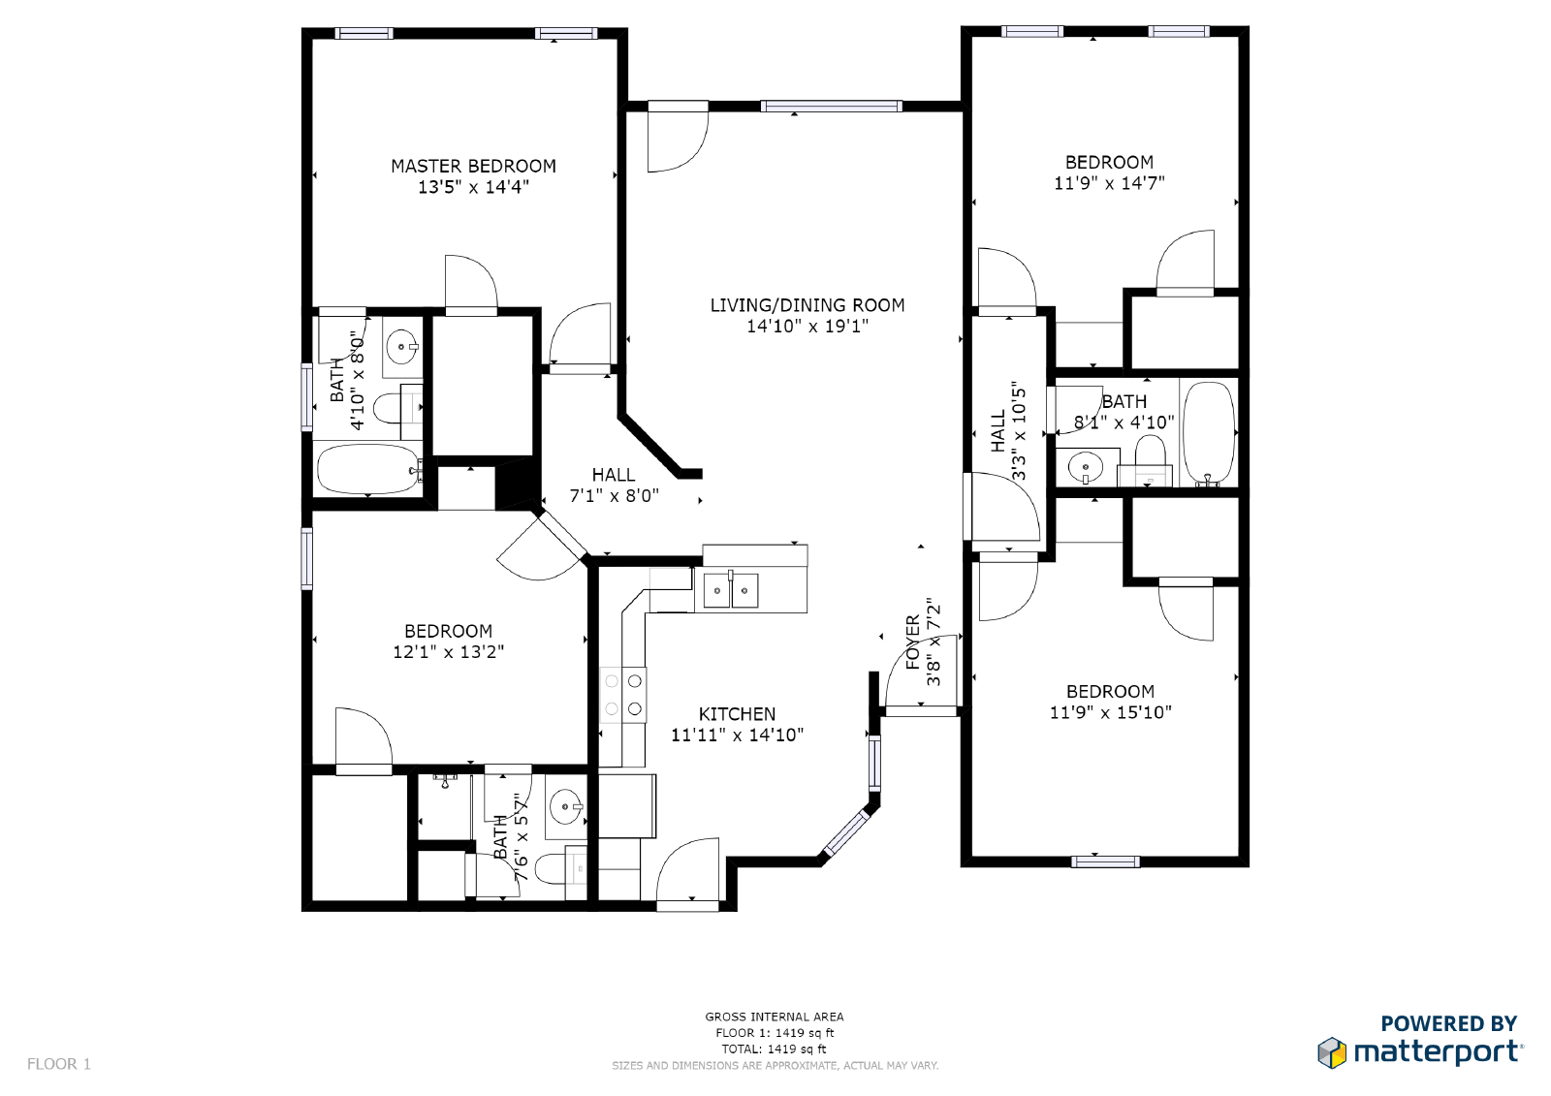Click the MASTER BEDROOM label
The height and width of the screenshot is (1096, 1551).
point(473,166)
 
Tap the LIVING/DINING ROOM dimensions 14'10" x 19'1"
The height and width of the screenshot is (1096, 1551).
point(807,327)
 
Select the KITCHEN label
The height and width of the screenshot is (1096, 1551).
point(737,714)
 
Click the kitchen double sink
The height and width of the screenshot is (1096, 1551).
point(730,590)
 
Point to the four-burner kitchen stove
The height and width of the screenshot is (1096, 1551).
point(623,695)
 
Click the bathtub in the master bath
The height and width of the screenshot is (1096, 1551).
point(367,469)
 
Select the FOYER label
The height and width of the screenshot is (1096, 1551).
point(912,642)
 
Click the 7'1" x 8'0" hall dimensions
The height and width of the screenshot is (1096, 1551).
point(614,496)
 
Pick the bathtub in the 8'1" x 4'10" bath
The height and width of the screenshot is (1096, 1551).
point(1208,432)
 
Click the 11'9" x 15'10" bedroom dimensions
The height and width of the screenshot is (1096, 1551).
point(1110,712)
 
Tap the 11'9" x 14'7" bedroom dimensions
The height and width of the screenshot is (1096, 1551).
point(1109,183)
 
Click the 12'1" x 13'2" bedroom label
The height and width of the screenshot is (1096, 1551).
point(448,631)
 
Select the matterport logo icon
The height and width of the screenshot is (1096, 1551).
point(1332,1052)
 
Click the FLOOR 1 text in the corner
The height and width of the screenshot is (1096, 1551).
point(59,1064)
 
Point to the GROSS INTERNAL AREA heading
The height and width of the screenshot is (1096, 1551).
point(774,1017)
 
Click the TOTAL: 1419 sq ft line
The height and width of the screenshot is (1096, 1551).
point(774,1049)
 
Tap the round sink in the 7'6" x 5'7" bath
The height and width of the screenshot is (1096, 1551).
point(565,805)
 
